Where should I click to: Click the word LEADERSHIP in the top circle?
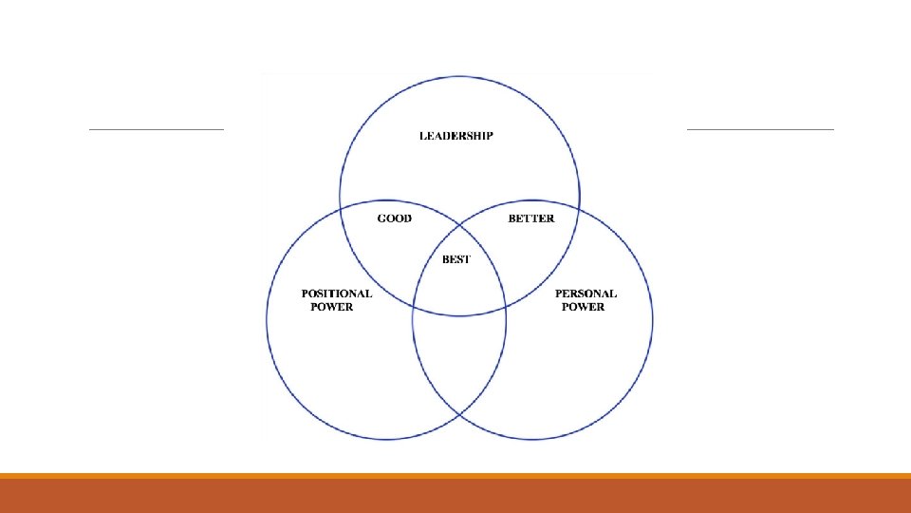click(456, 136)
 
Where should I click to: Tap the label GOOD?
click(395, 218)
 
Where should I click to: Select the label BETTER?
click(531, 218)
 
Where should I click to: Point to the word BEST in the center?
click(456, 259)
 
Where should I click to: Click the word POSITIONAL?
click(337, 294)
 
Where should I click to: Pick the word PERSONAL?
click(586, 294)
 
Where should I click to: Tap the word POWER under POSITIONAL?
click(332, 307)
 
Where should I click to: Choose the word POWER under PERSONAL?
click(583, 307)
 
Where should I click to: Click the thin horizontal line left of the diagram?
click(157, 128)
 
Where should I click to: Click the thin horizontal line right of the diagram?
click(759, 128)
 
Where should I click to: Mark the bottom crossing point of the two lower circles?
click(459, 415)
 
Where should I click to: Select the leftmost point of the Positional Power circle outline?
click(267, 319)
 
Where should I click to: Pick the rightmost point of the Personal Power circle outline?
click(653, 319)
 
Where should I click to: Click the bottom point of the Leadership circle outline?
click(459, 315)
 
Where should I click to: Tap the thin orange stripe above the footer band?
click(455, 476)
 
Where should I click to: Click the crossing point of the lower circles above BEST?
click(459, 224)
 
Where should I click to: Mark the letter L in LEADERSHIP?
click(423, 136)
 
